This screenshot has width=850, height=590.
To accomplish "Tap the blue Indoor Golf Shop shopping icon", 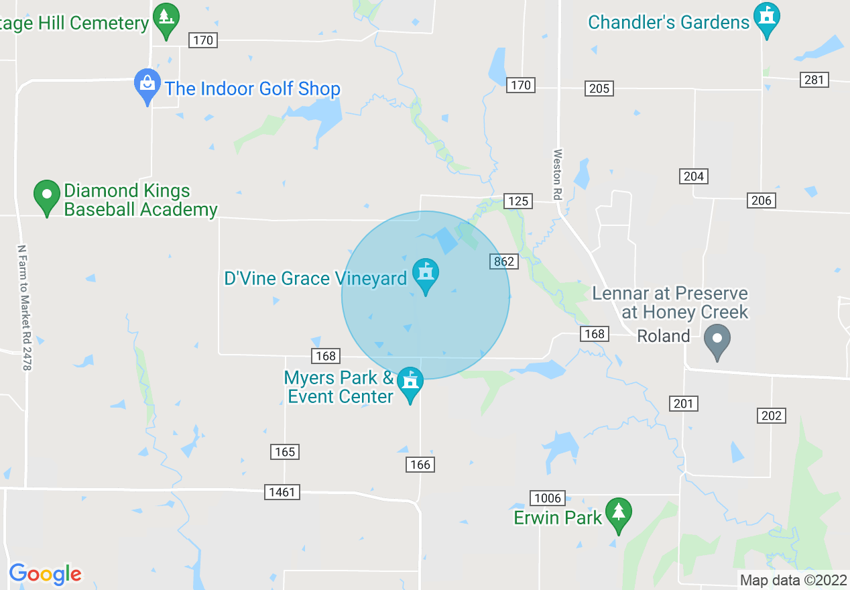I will pyautogui.click(x=147, y=86).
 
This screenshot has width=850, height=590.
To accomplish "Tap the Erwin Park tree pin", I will pyautogui.click(x=618, y=514).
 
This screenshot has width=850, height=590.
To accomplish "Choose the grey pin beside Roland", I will pyautogui.click(x=717, y=341).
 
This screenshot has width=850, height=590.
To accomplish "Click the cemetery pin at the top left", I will pyautogui.click(x=166, y=19).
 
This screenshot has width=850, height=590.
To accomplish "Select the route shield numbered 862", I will pyautogui.click(x=503, y=261).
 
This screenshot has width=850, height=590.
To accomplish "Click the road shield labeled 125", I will pyautogui.click(x=518, y=201).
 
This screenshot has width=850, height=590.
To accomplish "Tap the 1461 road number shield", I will pyautogui.click(x=282, y=492).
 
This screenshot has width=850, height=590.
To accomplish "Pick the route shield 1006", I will pyautogui.click(x=548, y=498).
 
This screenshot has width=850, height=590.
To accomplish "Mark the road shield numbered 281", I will pyautogui.click(x=814, y=80).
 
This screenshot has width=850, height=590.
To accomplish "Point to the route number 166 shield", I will pyautogui.click(x=420, y=465).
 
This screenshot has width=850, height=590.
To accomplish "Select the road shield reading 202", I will pyautogui.click(x=772, y=416).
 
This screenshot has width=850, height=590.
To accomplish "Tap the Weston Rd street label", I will pyautogui.click(x=557, y=174).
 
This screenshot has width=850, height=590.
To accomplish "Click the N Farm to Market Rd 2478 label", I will pyautogui.click(x=25, y=307).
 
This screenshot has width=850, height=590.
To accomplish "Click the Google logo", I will pyautogui.click(x=45, y=574).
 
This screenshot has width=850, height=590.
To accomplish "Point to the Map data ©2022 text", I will pyautogui.click(x=793, y=581).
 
